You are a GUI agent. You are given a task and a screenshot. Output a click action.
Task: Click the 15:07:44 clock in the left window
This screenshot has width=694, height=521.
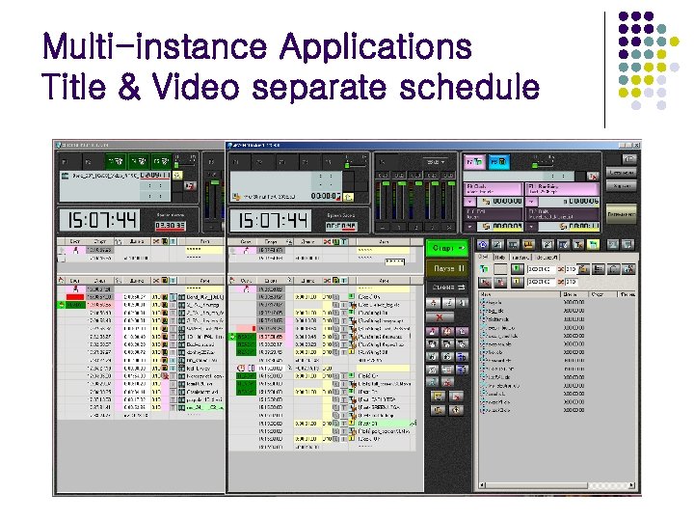[98, 220]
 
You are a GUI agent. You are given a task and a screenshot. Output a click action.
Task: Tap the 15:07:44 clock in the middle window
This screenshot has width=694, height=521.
[274, 220]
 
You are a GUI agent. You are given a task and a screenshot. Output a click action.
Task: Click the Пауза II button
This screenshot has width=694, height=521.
[446, 267]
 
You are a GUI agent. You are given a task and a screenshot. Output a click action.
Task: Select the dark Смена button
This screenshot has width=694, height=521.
[446, 288]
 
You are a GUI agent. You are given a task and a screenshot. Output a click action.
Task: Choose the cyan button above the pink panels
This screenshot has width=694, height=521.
[497, 162]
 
